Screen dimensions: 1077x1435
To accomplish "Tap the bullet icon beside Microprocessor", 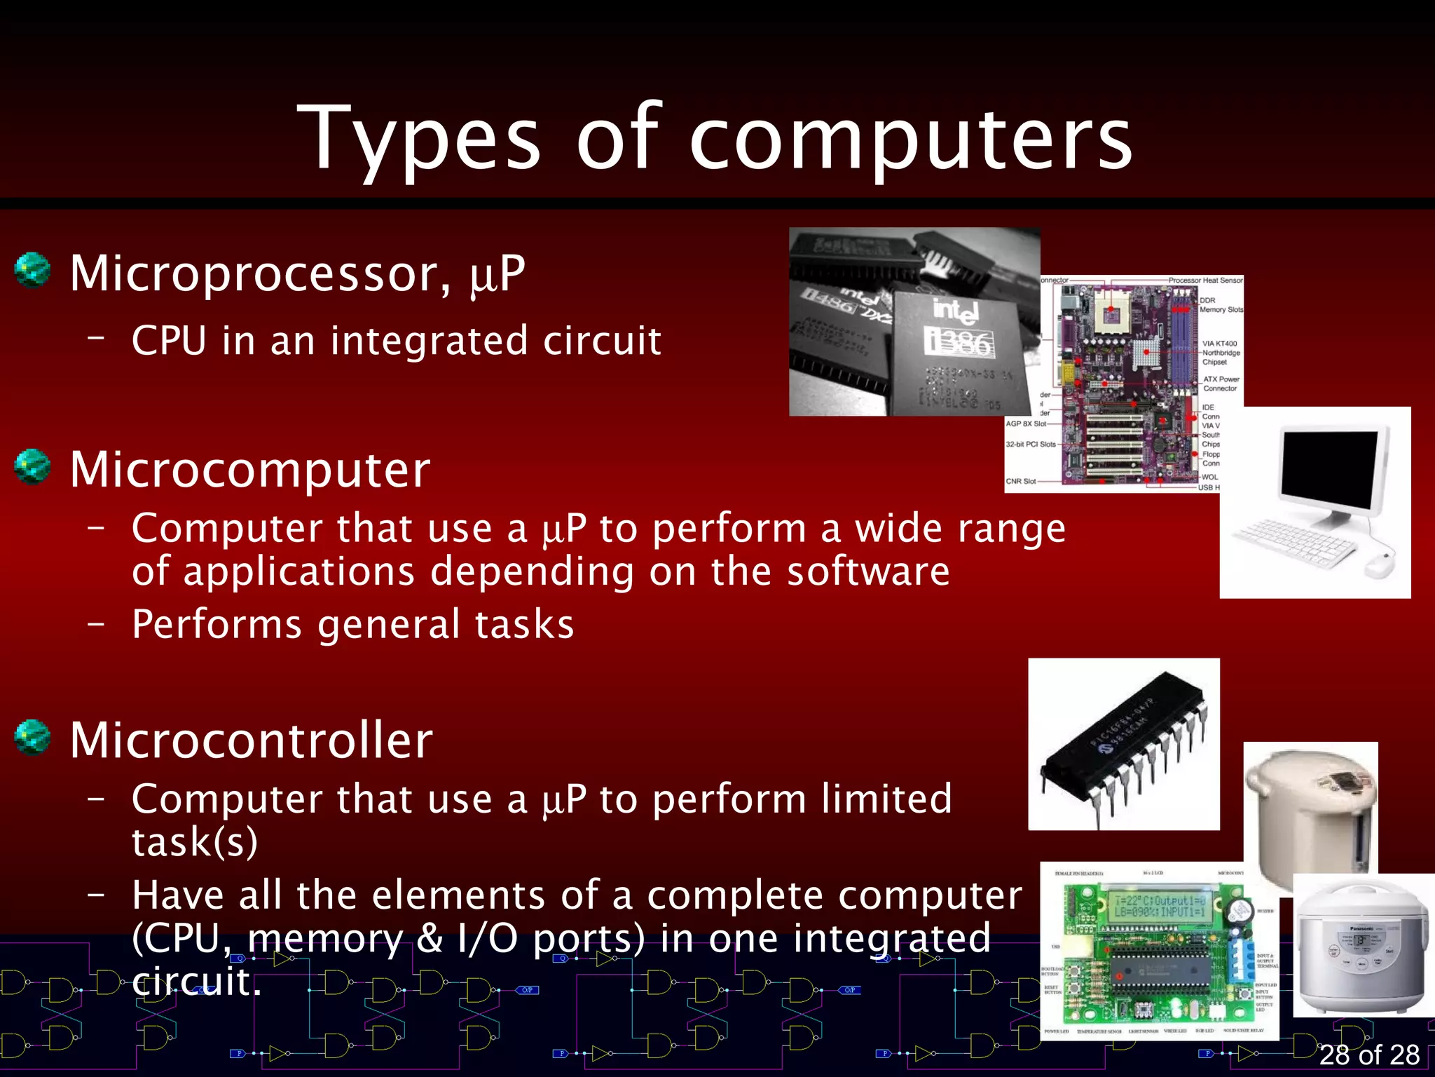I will pos(32,271).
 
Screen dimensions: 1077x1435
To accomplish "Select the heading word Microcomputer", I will pos(250,470).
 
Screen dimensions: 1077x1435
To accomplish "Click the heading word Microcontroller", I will pos(252,740).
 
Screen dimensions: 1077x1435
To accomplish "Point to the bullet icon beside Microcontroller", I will pos(32,738).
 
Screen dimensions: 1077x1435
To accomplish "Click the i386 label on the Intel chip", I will pos(958,342).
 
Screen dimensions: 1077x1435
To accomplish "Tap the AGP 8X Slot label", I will pos(1026,424).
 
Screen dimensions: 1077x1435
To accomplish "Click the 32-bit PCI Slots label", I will pos(1030,445).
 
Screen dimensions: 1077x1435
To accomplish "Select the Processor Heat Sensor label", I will pos(1204,280).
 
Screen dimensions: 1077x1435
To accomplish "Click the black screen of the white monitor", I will pos(1327,468).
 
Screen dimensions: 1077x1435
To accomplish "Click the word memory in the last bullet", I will pos(325,938).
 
